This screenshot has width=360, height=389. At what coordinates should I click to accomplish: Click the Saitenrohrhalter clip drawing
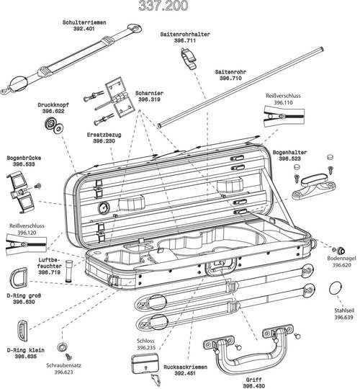[x=188, y=57]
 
